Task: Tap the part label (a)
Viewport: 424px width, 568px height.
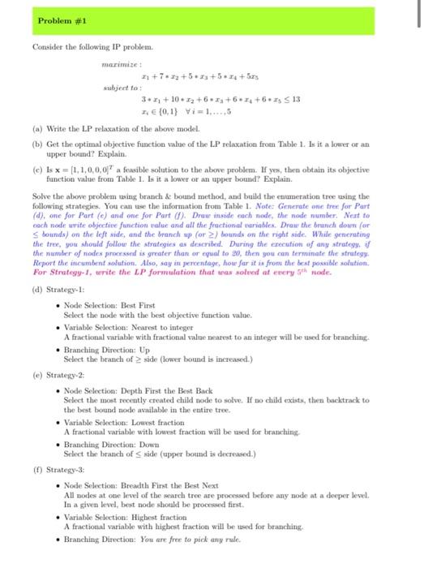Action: (37, 129)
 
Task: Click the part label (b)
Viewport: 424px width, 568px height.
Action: (37, 144)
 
